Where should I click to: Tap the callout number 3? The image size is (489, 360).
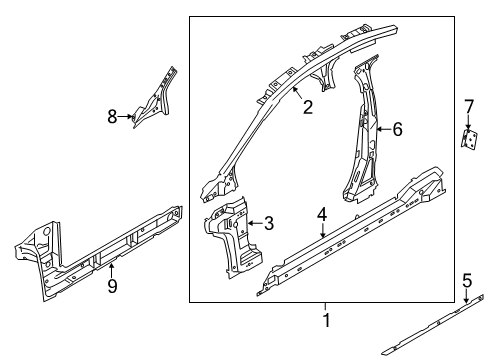pos(268,224)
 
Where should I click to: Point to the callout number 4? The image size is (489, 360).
pos(322,240)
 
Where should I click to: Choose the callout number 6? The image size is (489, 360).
pos(397,128)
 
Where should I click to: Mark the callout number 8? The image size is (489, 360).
pos(113,117)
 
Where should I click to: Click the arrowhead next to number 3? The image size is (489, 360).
pos(251,224)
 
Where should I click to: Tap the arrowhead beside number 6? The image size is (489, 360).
pos(379,128)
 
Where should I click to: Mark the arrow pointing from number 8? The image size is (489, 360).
pos(129,117)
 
